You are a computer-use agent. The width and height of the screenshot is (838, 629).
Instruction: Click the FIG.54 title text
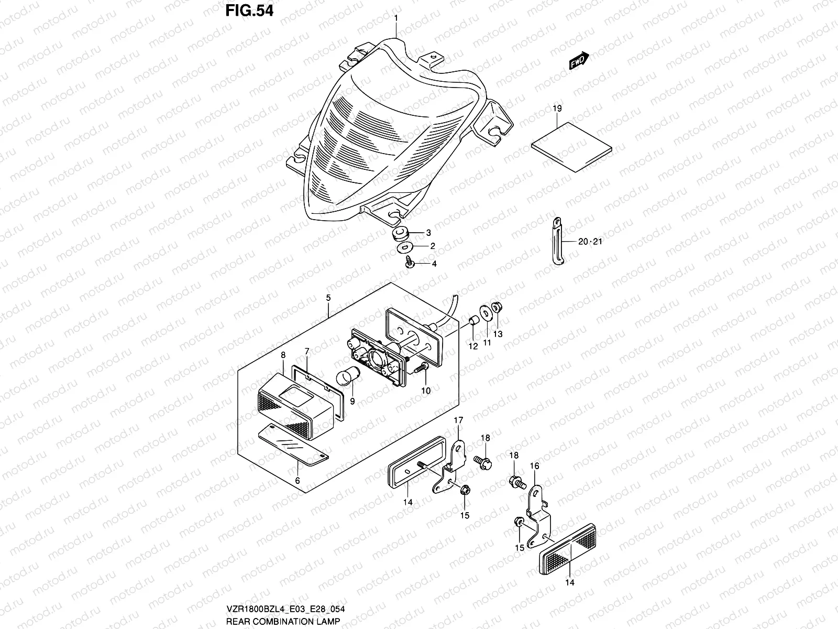(x=249, y=11)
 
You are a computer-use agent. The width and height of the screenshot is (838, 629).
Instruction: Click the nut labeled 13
(x=498, y=309)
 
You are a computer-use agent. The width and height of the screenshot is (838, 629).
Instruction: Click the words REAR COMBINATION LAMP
(x=283, y=621)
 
